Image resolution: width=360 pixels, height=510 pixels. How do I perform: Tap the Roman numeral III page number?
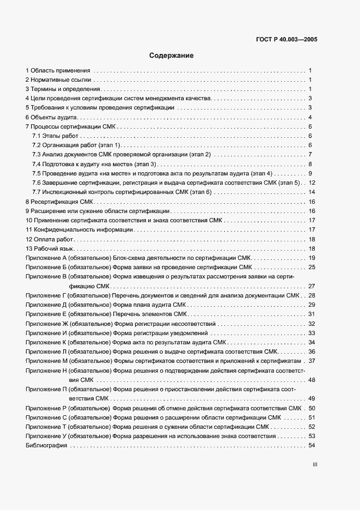(x=314, y=465)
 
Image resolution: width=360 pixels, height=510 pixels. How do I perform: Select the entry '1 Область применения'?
(x=58, y=71)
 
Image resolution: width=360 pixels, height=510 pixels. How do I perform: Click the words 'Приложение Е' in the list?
(x=46, y=314)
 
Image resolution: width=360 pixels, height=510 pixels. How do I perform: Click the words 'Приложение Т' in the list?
(x=46, y=427)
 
